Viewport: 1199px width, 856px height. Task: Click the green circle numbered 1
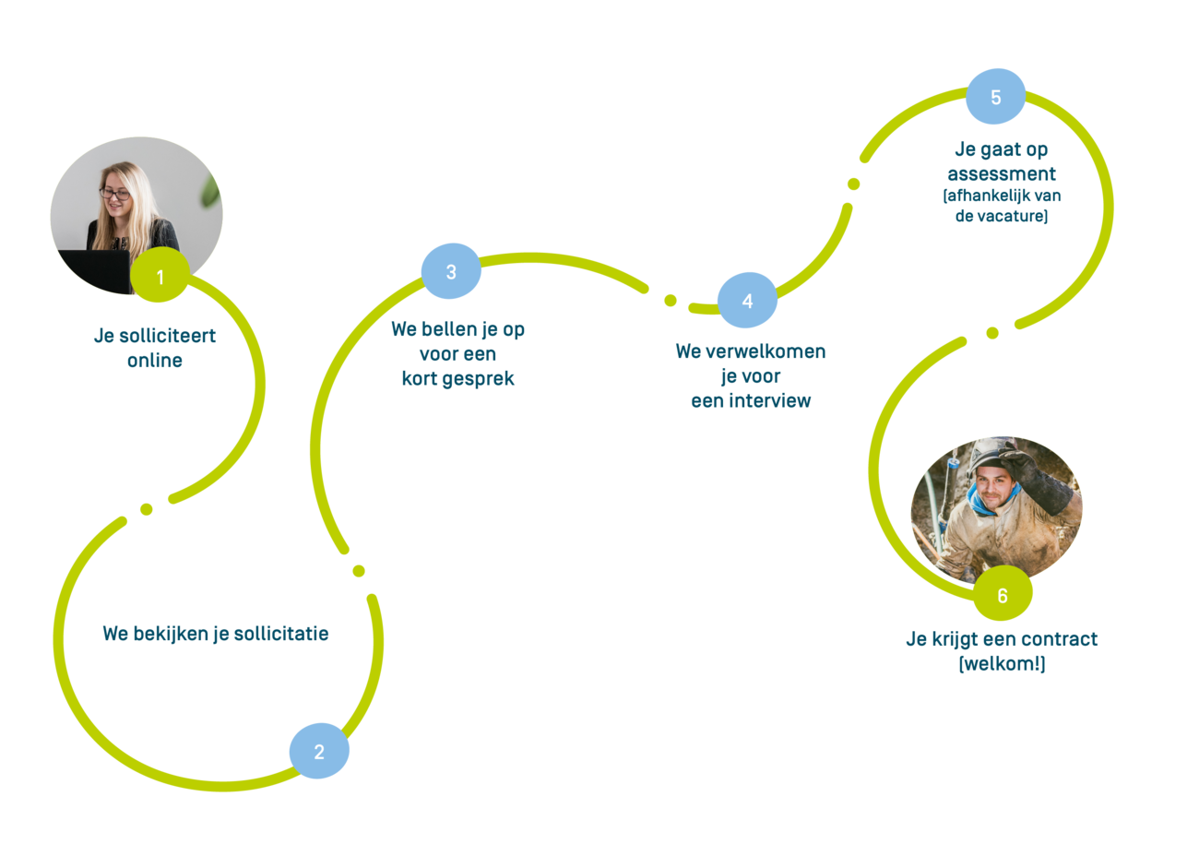click(160, 276)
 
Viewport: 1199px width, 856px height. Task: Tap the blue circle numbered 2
click(319, 751)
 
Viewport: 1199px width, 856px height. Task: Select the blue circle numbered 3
click(451, 271)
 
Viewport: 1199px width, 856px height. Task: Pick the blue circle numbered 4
click(747, 301)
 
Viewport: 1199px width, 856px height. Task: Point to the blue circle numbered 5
click(995, 97)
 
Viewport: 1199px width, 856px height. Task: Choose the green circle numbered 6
click(1003, 595)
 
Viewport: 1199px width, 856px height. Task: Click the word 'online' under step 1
click(155, 361)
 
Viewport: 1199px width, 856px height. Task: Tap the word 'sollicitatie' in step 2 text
click(280, 634)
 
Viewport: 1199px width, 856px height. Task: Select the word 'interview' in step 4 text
click(770, 400)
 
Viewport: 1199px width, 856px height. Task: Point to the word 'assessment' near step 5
click(1002, 173)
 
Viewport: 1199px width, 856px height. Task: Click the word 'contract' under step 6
click(1059, 639)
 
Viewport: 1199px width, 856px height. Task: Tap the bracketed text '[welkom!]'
click(1002, 663)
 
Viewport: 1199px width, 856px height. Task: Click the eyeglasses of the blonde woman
click(115, 194)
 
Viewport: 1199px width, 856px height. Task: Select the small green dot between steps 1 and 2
click(146, 509)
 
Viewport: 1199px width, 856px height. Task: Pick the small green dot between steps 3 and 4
click(671, 300)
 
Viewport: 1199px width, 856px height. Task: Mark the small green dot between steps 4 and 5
click(853, 184)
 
